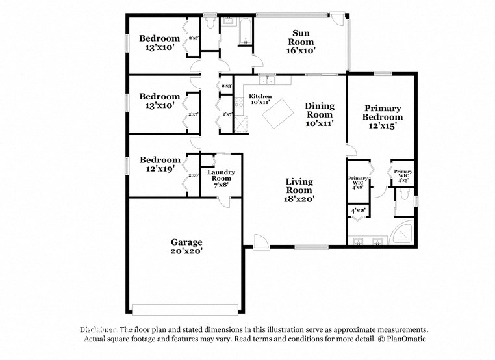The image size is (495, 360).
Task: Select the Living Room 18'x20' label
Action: [299, 190]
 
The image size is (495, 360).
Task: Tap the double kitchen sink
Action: [267, 81]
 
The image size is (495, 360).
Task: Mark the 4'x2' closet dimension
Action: [358, 211]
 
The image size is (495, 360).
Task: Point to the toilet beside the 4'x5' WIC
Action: [405, 195]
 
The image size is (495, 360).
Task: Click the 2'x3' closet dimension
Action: [227, 86]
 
